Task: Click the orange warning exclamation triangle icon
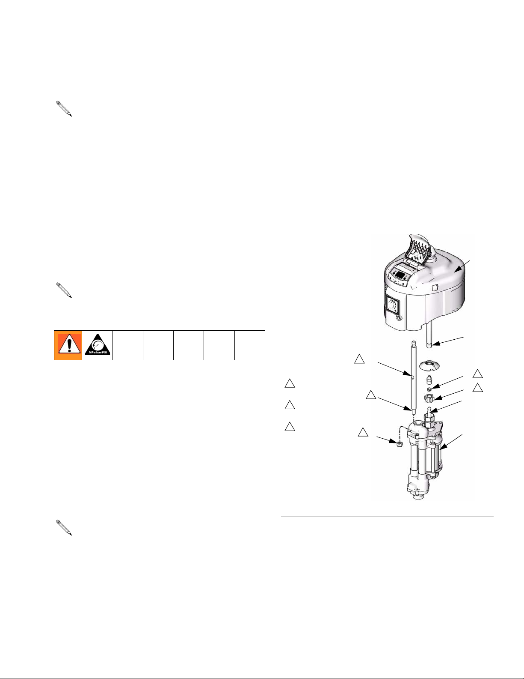[68, 345]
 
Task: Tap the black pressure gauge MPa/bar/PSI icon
[98, 345]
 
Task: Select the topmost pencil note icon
[64, 108]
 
